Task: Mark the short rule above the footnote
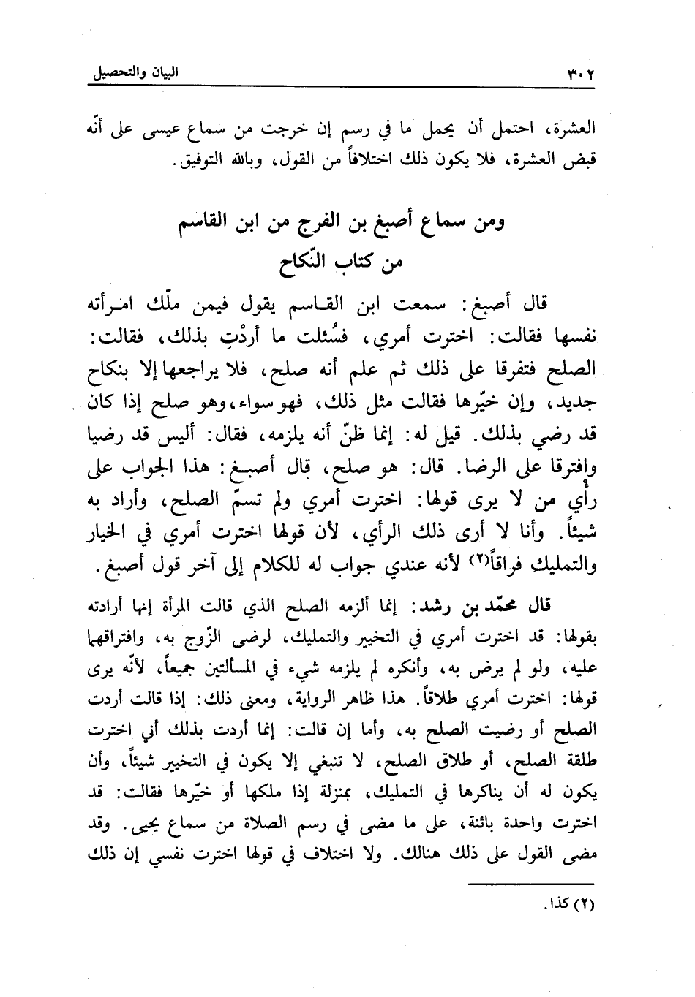coord(538,885)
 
